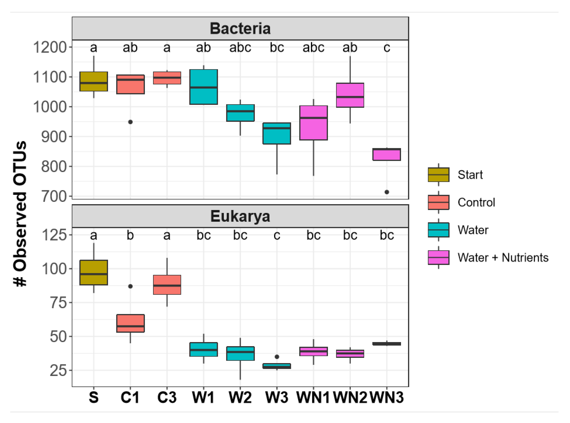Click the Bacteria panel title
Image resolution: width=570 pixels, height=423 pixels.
(240, 28)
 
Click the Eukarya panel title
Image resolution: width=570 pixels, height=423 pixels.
(240, 216)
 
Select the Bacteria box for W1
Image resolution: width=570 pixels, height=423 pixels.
(204, 87)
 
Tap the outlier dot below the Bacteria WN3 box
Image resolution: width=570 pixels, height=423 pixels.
(387, 192)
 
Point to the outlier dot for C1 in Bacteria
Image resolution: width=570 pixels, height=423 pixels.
(130, 122)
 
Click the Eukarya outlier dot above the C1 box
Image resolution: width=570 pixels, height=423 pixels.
(130, 286)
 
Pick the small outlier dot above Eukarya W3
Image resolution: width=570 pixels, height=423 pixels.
(277, 357)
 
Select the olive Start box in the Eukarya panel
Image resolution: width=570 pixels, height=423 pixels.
(93, 272)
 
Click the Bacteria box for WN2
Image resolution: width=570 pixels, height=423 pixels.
(350, 95)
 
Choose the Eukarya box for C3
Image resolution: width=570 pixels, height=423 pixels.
(167, 285)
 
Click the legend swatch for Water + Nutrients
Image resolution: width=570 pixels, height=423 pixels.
(438, 257)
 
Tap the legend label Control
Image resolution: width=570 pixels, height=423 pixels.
(476, 202)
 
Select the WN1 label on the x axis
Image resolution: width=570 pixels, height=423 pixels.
(313, 397)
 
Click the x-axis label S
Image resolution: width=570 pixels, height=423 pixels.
(93, 397)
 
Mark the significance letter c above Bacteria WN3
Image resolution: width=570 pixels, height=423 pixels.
(387, 47)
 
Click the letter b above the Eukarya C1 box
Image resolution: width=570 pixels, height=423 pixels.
(130, 235)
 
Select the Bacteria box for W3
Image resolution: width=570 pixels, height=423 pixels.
(277, 133)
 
